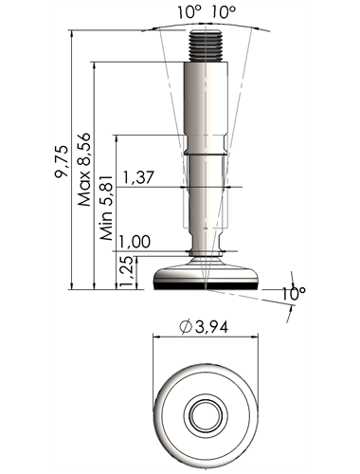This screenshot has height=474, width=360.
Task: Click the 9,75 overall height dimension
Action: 62,161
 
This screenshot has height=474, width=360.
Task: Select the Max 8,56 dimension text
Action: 84,170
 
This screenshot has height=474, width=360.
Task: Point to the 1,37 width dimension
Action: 138,177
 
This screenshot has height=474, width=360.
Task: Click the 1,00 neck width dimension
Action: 135,242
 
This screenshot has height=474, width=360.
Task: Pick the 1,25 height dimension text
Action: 127,272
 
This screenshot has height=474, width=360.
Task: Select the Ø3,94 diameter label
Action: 204,328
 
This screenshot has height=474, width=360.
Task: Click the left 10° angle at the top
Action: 189,12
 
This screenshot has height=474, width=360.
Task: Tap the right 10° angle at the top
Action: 224,12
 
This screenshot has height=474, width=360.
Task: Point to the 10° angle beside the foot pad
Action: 294,294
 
